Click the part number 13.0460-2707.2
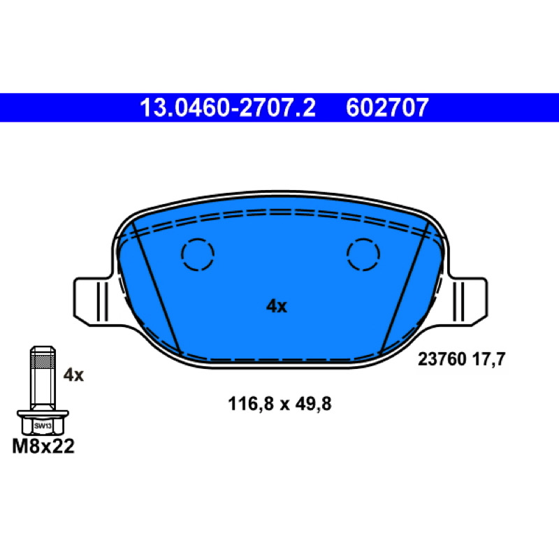[x=228, y=108]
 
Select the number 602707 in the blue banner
[x=387, y=108]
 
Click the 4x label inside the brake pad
[x=276, y=306]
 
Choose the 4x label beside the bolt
[x=73, y=375]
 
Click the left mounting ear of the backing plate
[x=93, y=302]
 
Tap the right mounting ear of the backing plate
[x=467, y=302]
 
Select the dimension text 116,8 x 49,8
[x=279, y=405]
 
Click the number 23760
[x=442, y=359]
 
